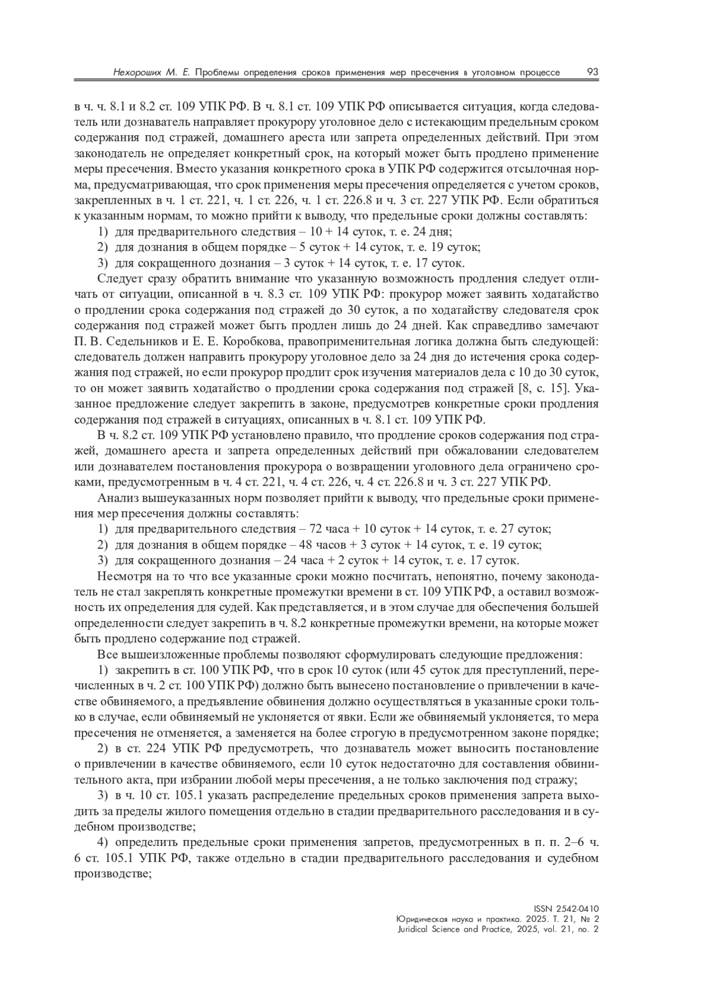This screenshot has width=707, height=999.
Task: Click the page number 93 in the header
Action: click(x=592, y=72)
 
